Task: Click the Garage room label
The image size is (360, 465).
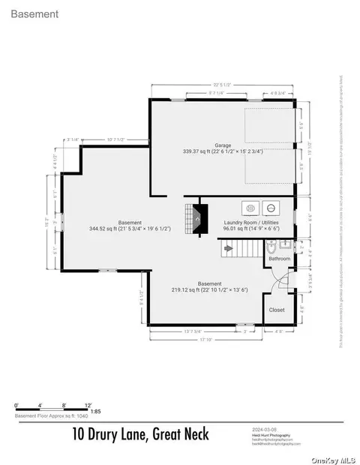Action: (222, 145)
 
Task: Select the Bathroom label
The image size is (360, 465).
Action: (280, 258)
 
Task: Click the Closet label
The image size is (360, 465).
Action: (277, 309)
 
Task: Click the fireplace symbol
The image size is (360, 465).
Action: (196, 218)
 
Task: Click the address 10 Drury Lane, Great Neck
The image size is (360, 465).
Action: (141, 433)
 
